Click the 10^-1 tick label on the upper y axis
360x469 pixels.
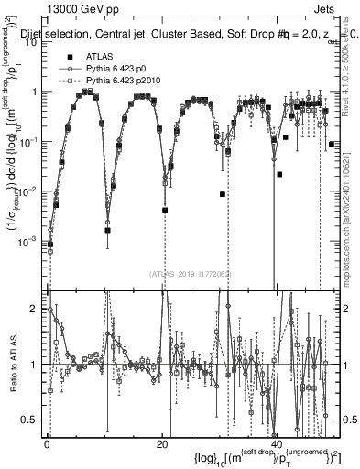[x=31, y=142]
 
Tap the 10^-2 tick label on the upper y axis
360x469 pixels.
[x=31, y=191]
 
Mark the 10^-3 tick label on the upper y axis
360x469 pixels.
[x=31, y=241]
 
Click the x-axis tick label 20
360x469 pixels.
[x=161, y=443]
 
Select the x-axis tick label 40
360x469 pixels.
[x=278, y=443]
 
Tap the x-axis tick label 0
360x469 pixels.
[x=46, y=443]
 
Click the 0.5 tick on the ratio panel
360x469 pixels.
[x=34, y=420]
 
